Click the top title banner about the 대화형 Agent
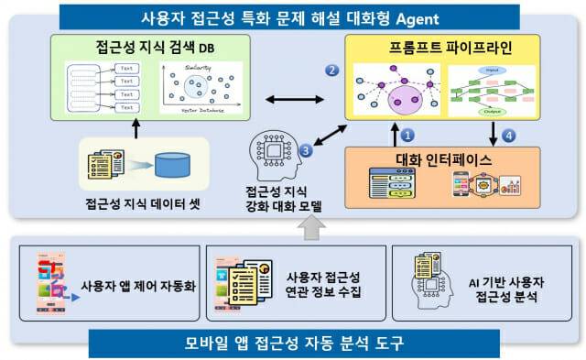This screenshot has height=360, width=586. click(x=294, y=16)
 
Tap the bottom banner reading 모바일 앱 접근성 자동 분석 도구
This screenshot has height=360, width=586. click(x=293, y=344)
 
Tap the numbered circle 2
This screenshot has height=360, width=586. click(x=332, y=70)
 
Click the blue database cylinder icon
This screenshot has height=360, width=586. click(x=172, y=166)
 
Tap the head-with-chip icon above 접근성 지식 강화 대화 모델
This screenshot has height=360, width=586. click(x=274, y=156)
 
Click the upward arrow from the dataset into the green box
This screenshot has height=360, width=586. click(x=136, y=131)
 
